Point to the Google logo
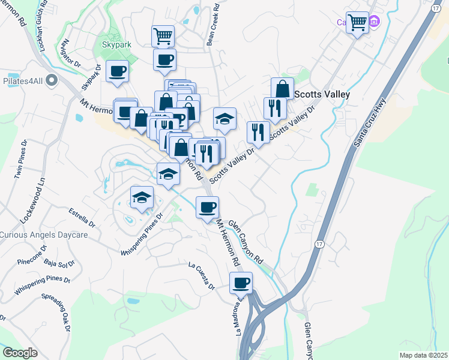pos(20,353)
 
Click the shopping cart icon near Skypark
pos(163,36)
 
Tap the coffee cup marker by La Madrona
pos(241,282)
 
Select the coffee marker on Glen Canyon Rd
pos(207,207)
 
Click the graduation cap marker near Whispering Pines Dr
pos(142,197)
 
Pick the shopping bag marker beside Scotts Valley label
pos(282,89)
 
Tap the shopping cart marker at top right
pos(358,23)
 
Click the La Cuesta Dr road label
pos(201,274)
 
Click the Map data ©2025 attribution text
pos(423,355)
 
